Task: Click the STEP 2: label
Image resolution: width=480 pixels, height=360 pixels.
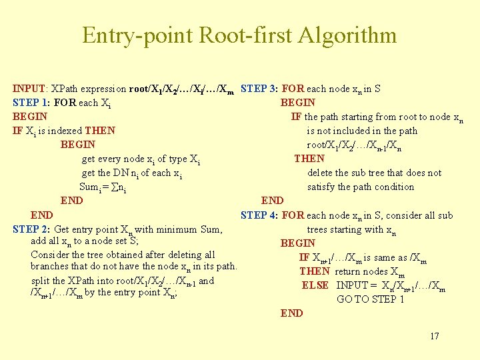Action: (32, 229)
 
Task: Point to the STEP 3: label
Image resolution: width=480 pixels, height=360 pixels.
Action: (259, 88)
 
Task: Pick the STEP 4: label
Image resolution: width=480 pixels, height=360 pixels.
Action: (259, 215)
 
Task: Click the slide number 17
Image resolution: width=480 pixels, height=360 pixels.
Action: (434, 336)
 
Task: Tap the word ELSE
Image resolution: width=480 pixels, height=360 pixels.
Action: (315, 285)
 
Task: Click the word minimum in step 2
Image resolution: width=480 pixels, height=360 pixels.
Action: (175, 229)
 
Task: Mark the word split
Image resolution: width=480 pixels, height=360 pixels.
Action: (41, 281)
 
